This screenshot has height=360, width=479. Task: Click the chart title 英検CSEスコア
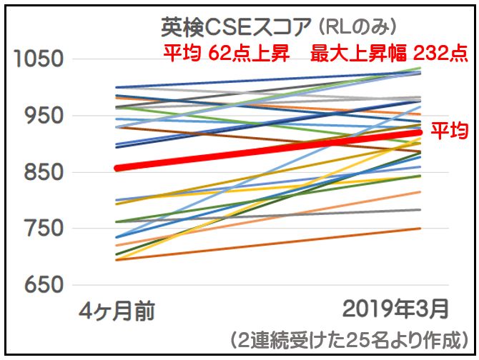coord(233,28)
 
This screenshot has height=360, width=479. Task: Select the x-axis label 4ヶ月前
coord(117,311)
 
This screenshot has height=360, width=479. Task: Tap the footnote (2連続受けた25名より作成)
coord(350,338)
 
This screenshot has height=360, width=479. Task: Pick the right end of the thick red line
coord(420,132)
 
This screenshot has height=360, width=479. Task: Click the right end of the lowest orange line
coord(420,229)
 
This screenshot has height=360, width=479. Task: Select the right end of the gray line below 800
coord(420,210)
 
